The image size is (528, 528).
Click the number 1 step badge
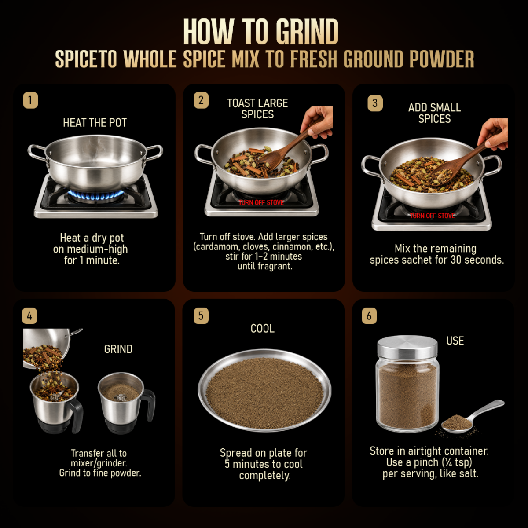[x=30, y=100]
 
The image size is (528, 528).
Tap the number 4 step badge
[x=29, y=316]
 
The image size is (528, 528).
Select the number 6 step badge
[x=369, y=316]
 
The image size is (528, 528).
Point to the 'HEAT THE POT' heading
[x=95, y=123]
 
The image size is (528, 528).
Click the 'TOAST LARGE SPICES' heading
[x=257, y=109]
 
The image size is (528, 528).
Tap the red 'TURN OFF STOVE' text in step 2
[x=261, y=203]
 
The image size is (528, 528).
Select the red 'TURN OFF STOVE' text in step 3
[x=433, y=216]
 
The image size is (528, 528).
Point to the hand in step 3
[x=493, y=134]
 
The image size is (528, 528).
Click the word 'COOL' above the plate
[x=263, y=329]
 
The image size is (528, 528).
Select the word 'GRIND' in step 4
[x=118, y=349]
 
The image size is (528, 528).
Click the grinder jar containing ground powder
[x=125, y=403]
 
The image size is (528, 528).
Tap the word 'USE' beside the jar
[x=455, y=341]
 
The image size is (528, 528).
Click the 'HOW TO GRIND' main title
[x=261, y=32]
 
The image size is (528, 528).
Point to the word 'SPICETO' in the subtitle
[x=86, y=59]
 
